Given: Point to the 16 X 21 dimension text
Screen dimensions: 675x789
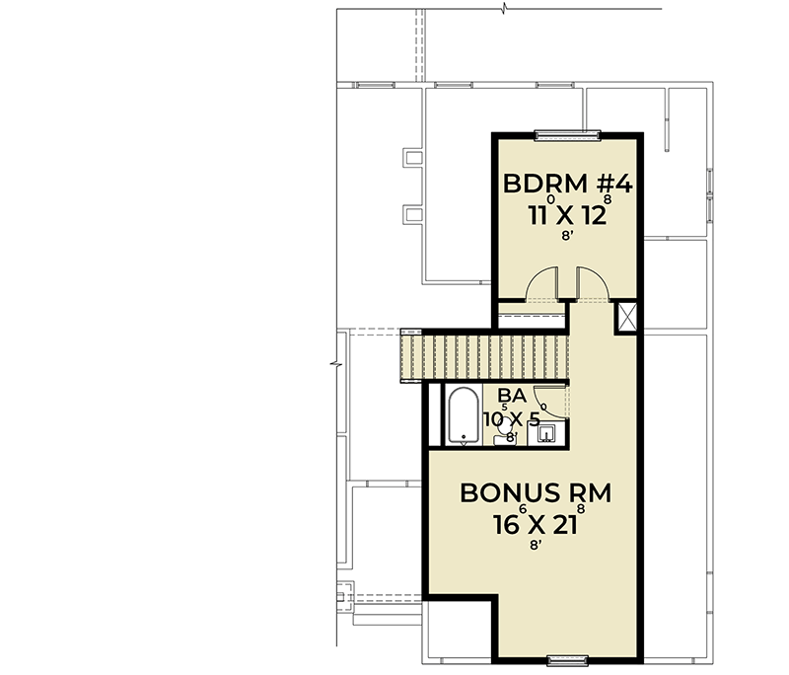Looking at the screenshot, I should coord(535,524).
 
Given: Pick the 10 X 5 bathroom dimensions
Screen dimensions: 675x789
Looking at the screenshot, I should coord(511,418).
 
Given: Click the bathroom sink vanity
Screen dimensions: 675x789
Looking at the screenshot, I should coord(548,431).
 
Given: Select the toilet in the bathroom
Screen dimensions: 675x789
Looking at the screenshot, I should coord(507,433).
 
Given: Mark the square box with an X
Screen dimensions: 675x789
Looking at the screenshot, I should coord(626,317).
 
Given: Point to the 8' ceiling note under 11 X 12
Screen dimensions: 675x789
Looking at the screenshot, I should coord(566,237).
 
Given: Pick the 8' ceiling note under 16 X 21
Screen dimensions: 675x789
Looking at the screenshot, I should coord(536,544).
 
